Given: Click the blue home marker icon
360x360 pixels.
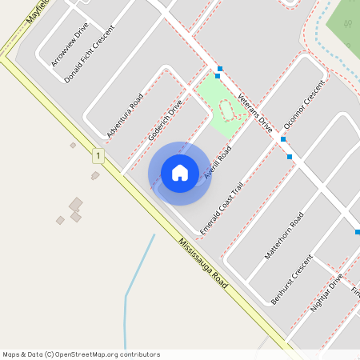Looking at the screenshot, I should pos(180,172).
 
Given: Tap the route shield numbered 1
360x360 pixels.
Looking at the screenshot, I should pos(98,154).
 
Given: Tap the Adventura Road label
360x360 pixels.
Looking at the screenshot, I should pos(124,114).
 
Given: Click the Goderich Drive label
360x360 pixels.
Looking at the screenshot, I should pos(166,120).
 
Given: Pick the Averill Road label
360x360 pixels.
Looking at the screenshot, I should pos(218,162).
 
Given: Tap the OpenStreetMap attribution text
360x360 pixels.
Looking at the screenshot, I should pos(81,354).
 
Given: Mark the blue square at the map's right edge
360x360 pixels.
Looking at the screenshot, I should pos(357,232).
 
